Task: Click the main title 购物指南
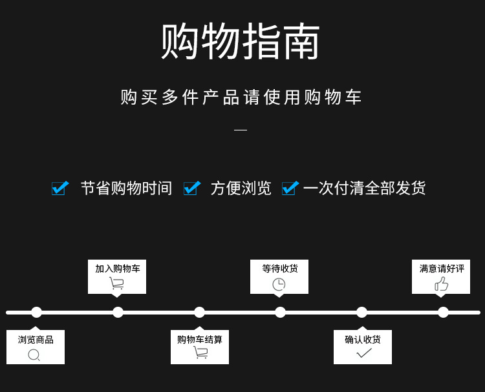coord(241,43)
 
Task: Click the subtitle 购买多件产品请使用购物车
coord(241,98)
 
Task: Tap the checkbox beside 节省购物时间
coord(60,188)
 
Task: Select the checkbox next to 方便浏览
coord(191,188)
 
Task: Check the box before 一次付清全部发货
coord(290,188)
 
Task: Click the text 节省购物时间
coord(126,189)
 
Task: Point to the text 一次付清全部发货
coord(364,189)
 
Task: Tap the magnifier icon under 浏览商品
coord(34,355)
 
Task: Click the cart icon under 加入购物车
coord(116,283)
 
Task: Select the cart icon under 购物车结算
coord(200,353)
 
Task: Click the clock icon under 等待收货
coord(279,284)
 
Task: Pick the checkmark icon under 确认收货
coord(364,353)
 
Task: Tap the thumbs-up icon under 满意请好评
coord(442,284)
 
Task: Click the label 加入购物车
coord(117,269)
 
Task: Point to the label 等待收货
coord(279,269)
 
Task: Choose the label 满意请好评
coord(442,269)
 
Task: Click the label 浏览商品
coord(36,340)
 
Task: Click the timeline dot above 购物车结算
coord(199,313)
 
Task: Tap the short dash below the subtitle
coord(241,130)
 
